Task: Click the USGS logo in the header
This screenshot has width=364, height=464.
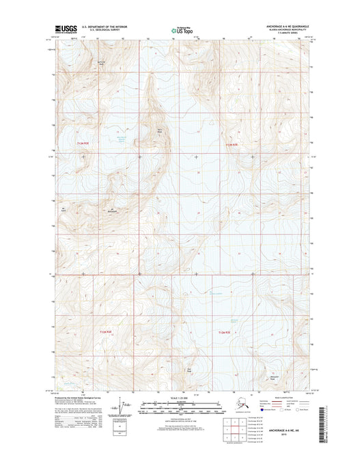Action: tap(66, 29)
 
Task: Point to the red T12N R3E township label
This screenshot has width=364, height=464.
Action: tap(234, 144)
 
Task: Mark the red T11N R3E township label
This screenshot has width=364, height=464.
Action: tap(223, 331)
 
